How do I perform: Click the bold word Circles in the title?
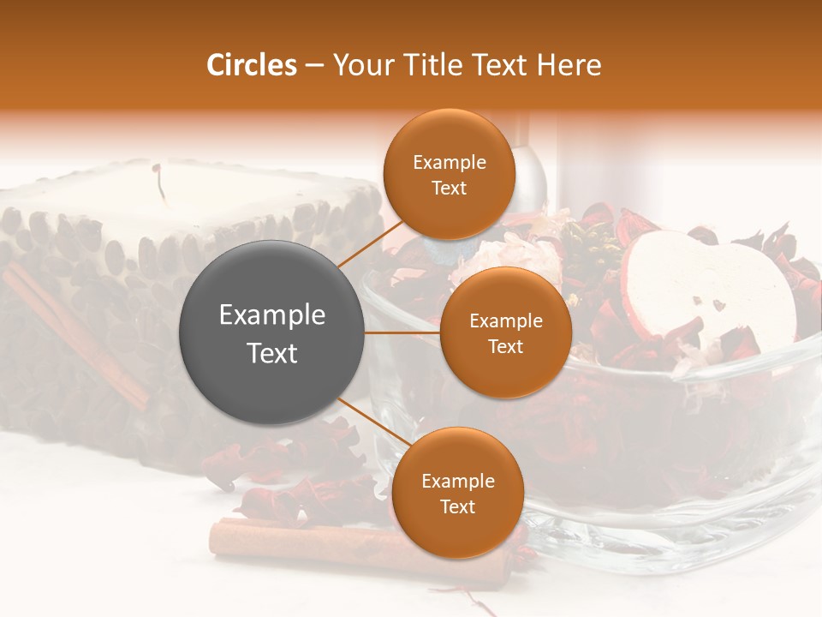[x=252, y=65]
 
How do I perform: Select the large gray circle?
[x=272, y=332]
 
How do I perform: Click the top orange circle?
[x=449, y=174]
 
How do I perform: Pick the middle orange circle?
[x=505, y=332]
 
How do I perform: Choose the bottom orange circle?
[x=457, y=493]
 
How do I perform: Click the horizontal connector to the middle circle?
[x=402, y=332]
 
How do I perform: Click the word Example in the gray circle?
[x=272, y=314]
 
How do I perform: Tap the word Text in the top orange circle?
[x=449, y=188]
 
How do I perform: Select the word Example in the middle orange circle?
[x=505, y=320]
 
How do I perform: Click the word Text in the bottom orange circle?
[x=457, y=506]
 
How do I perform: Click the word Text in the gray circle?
[x=272, y=352]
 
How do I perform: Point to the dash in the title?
[x=313, y=66]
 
